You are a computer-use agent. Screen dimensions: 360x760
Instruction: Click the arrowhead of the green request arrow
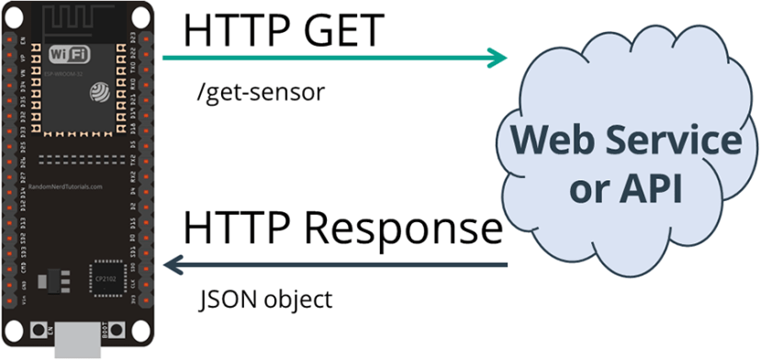pos(497,59)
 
